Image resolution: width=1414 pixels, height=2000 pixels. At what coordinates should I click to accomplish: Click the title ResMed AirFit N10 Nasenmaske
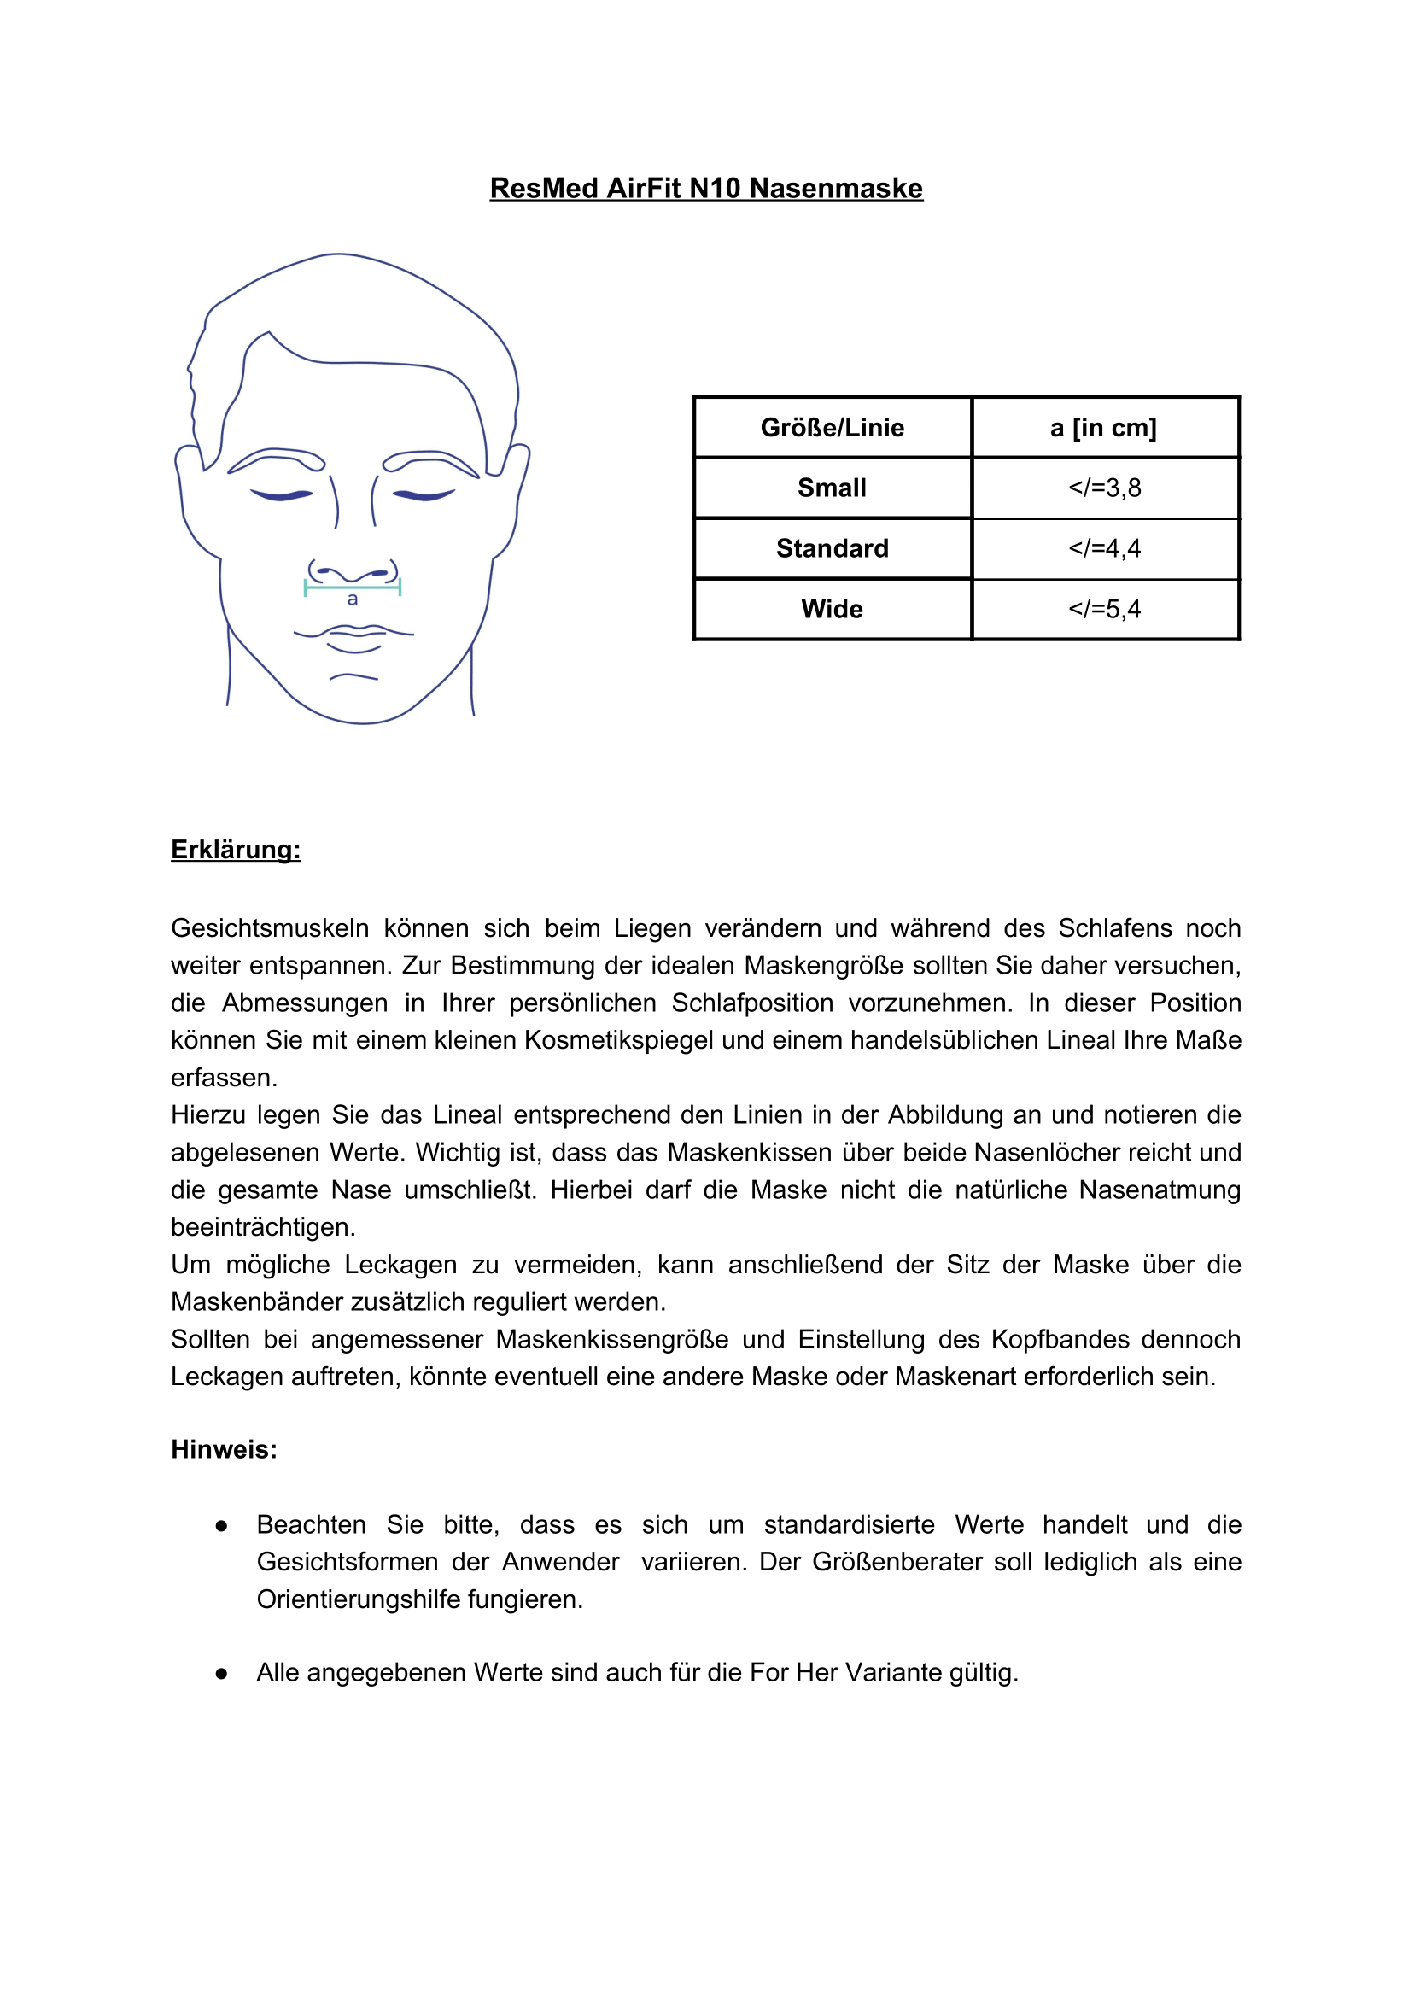[705, 188]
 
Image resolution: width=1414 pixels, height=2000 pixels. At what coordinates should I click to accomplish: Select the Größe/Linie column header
[832, 428]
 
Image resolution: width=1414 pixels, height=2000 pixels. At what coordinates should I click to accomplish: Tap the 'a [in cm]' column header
[1104, 428]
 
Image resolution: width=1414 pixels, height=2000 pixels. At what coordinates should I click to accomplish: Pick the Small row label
[832, 488]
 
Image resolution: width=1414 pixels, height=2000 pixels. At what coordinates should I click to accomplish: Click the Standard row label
[832, 548]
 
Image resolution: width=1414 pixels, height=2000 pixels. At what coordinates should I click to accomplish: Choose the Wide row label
[832, 609]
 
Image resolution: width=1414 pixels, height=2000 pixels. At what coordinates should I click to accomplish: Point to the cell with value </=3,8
[1104, 488]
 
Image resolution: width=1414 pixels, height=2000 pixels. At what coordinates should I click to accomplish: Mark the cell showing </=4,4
[1104, 548]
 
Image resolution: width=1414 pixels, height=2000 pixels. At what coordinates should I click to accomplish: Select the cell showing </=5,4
[1104, 609]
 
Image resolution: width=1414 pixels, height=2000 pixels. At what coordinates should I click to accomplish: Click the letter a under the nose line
[352, 599]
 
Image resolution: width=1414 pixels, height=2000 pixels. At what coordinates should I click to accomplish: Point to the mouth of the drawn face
[353, 635]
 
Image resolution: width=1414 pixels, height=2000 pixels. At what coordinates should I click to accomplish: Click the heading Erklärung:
[235, 850]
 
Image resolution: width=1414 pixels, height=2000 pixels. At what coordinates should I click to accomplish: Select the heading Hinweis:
[224, 1448]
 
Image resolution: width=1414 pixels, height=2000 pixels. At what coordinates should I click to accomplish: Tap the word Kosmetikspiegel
[594, 1040]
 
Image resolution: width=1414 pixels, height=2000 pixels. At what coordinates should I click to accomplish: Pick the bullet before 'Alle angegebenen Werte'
[221, 1673]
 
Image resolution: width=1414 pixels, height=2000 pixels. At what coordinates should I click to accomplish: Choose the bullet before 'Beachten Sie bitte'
[221, 1525]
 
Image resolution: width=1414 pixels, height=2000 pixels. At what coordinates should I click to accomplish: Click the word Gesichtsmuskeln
[270, 927]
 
